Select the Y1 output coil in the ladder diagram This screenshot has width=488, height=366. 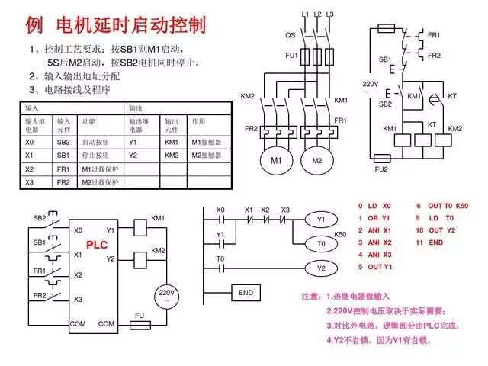(x=321, y=219)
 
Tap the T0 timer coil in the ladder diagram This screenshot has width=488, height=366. (x=321, y=243)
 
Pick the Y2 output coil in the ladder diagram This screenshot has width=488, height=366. (x=321, y=268)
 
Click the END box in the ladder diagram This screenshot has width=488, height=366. (x=246, y=293)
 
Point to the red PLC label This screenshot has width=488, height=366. (x=97, y=245)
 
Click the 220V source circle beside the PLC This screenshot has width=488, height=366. (x=166, y=295)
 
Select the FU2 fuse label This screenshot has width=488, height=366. (x=381, y=169)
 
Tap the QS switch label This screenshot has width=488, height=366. (x=291, y=35)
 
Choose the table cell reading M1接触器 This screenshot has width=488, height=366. (x=205, y=142)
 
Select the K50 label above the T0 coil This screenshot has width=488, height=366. (x=340, y=234)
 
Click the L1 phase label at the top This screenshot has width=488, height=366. (x=306, y=14)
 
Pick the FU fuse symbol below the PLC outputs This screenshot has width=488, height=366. (x=139, y=324)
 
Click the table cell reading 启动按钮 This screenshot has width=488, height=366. (x=97, y=142)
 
